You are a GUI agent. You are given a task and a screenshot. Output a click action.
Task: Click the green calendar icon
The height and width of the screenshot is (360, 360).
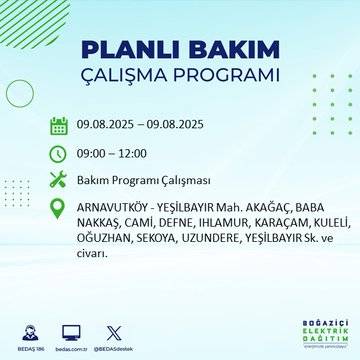(x=59, y=125)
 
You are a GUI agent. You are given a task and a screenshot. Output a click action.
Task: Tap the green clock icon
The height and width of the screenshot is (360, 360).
(x=59, y=153)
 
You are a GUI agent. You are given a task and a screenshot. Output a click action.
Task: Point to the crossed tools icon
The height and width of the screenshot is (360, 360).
(x=59, y=181)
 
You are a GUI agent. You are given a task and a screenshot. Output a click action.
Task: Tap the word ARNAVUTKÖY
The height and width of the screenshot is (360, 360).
(x=114, y=208)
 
